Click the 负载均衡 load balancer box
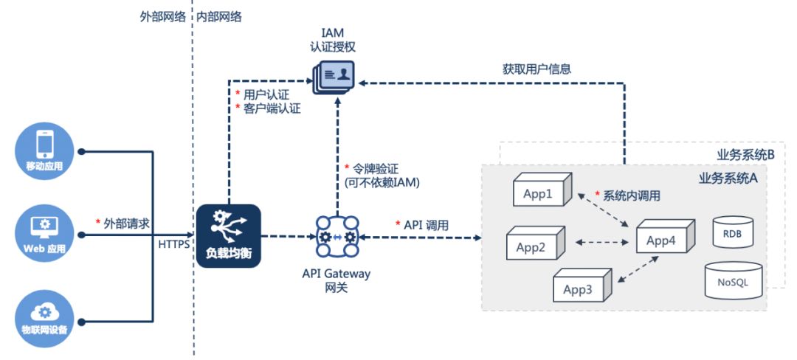[x=229, y=236]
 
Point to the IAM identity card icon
[x=334, y=75]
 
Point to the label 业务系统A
[x=728, y=179]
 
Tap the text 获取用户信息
[x=536, y=69]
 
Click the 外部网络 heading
[x=162, y=15]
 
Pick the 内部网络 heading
[x=219, y=15]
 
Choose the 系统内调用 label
[x=631, y=195]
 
